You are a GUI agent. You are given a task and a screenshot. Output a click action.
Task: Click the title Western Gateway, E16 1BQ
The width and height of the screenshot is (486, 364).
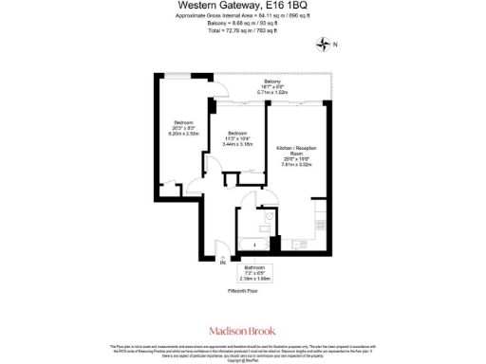(242, 6)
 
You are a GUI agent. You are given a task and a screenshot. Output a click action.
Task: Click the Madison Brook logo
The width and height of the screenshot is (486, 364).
(242, 331)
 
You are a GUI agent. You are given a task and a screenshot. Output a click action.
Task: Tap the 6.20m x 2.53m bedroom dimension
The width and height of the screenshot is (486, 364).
(183, 134)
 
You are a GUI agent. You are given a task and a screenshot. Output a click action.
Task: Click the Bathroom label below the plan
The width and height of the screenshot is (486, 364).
(255, 267)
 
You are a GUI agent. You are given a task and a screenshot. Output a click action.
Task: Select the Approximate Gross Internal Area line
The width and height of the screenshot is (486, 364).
(242, 17)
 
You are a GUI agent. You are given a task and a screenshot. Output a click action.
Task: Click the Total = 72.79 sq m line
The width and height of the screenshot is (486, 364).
(242, 31)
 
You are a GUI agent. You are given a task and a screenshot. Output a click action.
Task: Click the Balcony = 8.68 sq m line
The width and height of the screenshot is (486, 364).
(242, 25)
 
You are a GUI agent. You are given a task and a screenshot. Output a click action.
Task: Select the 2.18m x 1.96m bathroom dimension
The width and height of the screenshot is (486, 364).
(255, 279)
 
